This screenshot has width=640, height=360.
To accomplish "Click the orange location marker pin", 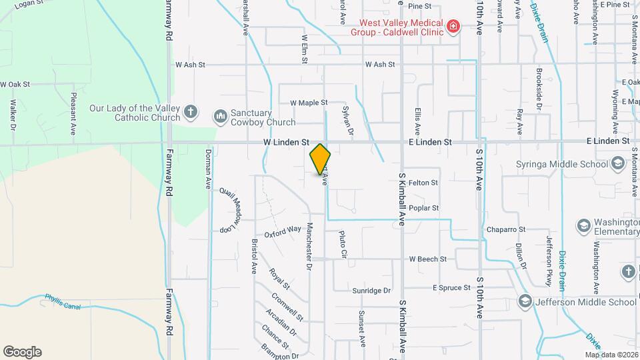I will [x=320, y=159].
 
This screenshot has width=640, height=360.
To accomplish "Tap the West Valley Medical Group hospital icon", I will [x=454, y=27].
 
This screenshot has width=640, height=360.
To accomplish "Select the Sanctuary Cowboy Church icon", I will [x=220, y=117].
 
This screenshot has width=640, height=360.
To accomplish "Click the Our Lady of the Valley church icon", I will [x=191, y=112].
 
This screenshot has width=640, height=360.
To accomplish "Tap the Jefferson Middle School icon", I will [x=525, y=301].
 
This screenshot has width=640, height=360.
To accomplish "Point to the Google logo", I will [x=22, y=351].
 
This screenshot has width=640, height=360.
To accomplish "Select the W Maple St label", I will [x=309, y=103].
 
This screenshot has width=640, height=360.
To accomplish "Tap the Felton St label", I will [x=423, y=182].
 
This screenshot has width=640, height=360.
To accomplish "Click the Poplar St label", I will [x=424, y=208].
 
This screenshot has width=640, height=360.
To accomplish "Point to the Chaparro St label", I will [x=506, y=229].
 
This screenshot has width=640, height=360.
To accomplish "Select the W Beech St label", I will [x=427, y=259].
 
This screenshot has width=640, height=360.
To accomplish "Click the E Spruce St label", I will [x=452, y=288].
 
